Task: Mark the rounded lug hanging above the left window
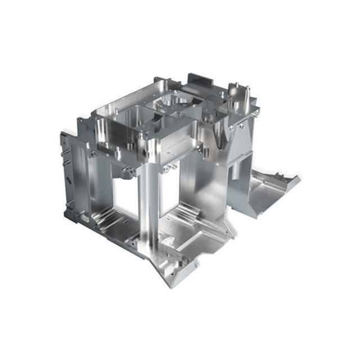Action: pos(128,172)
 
